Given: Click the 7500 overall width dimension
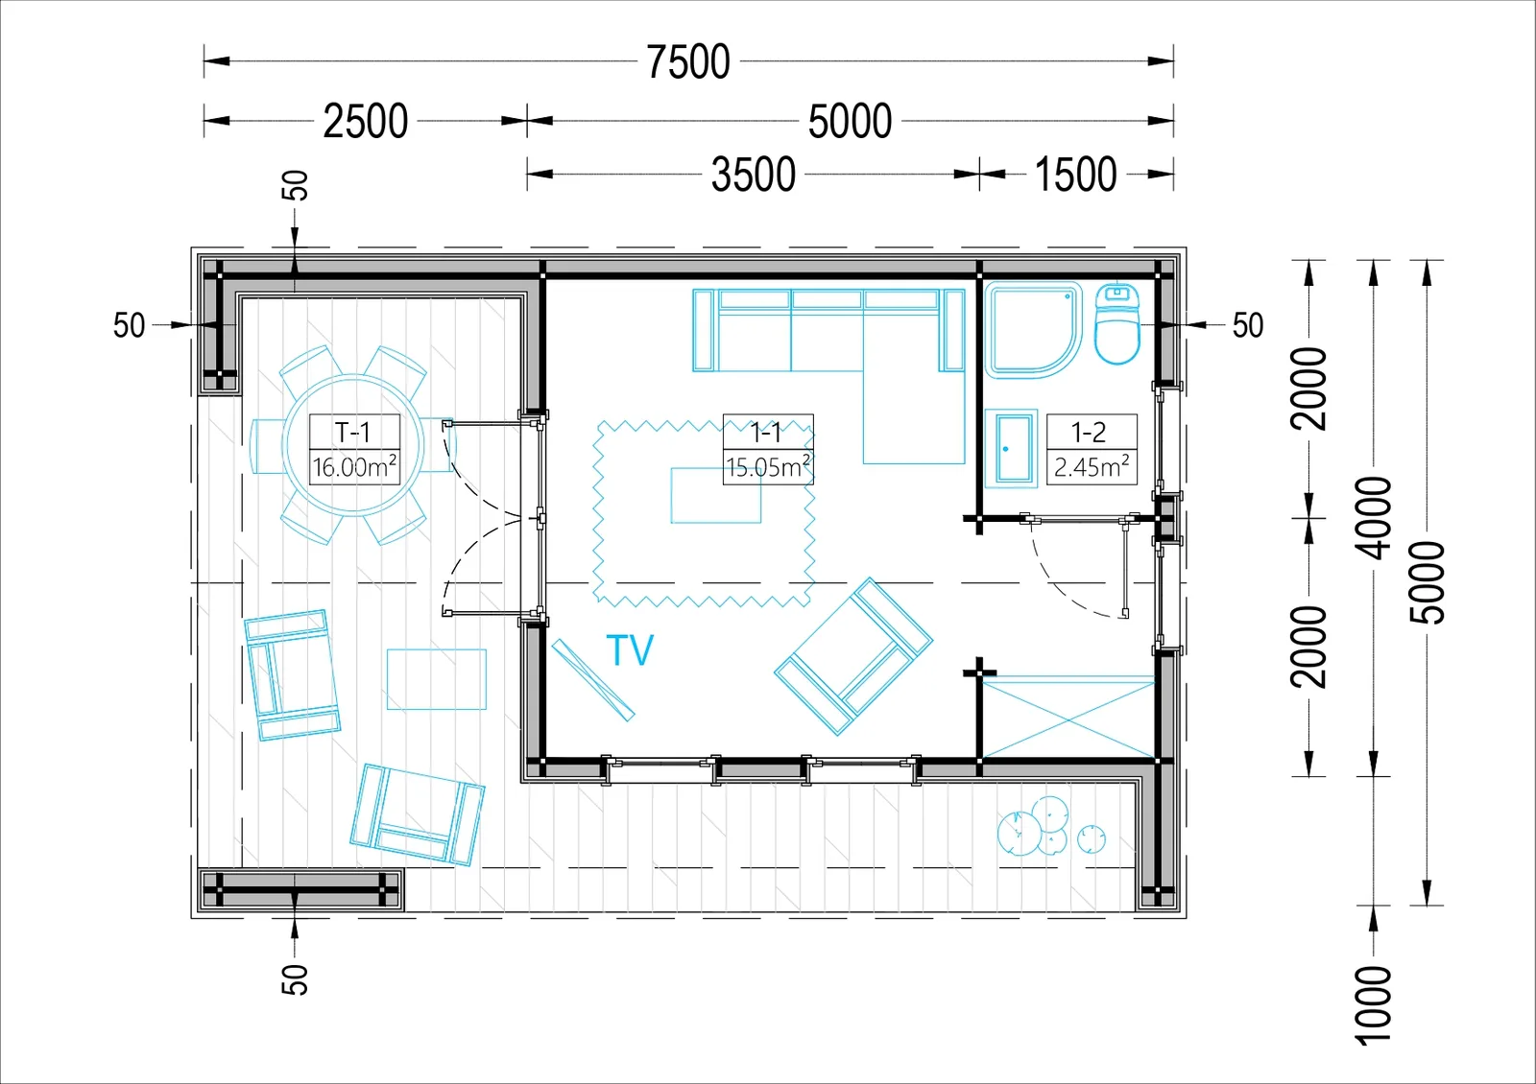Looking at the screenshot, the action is pyautogui.click(x=688, y=61).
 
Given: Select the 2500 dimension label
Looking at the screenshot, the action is pyautogui.click(x=366, y=121).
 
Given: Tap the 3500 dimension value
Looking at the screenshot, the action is pyautogui.click(x=754, y=174).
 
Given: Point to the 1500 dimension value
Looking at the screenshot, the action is pyautogui.click(x=1075, y=174).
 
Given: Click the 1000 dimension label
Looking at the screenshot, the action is pyautogui.click(x=1374, y=1005).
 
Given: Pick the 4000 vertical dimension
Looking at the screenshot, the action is pyautogui.click(x=1374, y=518).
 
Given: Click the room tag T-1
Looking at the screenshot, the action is pyautogui.click(x=353, y=433).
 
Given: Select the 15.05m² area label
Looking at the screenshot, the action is pyautogui.click(x=768, y=466).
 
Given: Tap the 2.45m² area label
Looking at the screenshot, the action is pyautogui.click(x=1092, y=466).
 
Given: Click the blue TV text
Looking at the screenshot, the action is pyautogui.click(x=630, y=649).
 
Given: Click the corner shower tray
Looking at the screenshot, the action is pyautogui.click(x=1033, y=330).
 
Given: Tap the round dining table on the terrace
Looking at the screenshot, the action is pyautogui.click(x=353, y=445).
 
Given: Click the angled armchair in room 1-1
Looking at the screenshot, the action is pyautogui.click(x=853, y=656).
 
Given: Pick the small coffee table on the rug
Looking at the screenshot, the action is pyautogui.click(x=715, y=495).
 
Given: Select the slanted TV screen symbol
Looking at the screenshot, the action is pyautogui.click(x=593, y=680).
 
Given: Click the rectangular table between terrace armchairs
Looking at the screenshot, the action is pyautogui.click(x=437, y=679).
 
